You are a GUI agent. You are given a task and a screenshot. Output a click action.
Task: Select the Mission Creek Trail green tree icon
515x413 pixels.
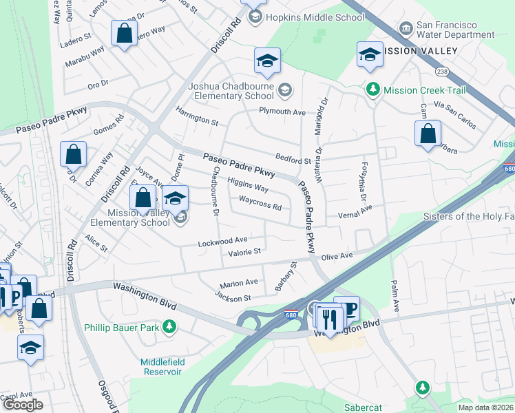click(372, 89)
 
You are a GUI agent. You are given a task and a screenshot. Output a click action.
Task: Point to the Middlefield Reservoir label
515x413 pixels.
click(161, 367)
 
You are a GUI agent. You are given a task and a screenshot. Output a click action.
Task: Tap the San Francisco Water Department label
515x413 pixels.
click(456, 30)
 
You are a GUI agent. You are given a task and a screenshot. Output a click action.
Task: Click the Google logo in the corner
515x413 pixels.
click(23, 405)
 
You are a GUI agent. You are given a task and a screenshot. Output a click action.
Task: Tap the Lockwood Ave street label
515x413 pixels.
click(222, 242)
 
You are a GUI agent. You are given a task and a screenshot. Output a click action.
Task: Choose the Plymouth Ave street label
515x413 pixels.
click(282, 112)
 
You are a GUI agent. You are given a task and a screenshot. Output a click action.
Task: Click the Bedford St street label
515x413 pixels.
click(293, 160)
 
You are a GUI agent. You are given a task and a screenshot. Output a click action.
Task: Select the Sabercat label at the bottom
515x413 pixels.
click(363, 407)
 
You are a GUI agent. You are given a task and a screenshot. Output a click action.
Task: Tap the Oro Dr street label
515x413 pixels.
click(98, 83)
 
